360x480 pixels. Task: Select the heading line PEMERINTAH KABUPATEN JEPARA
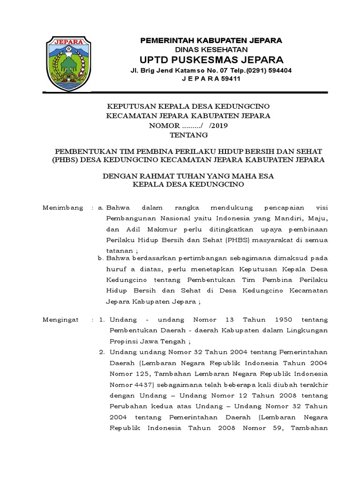211,41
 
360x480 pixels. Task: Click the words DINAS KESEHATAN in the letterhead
211,50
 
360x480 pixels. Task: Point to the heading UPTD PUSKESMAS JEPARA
211,60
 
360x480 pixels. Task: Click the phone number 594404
275,70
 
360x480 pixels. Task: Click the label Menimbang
63,207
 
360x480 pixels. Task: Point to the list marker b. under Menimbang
100,258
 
